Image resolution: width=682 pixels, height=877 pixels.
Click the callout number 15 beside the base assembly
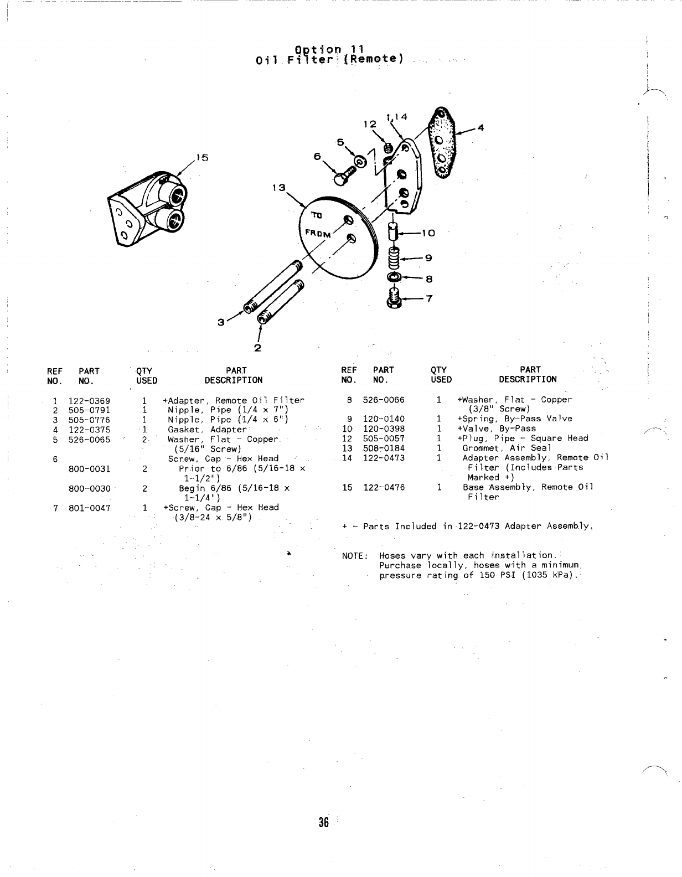tap(202, 158)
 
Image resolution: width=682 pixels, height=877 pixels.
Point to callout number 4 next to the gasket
tap(480, 128)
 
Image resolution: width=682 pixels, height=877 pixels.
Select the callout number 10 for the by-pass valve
tap(428, 233)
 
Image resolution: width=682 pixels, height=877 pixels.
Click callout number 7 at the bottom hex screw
tap(428, 299)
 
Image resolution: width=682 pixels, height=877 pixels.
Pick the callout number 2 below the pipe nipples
tap(257, 348)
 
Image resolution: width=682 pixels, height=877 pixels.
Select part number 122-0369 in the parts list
tap(89, 400)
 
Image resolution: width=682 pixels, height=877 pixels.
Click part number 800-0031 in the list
tap(89, 469)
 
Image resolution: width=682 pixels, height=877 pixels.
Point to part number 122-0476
tap(384, 487)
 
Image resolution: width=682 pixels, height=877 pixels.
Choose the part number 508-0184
tap(384, 448)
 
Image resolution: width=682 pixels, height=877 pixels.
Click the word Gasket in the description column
tap(184, 430)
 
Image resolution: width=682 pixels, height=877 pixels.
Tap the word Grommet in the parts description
tap(480, 448)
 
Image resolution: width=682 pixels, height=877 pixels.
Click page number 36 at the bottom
tap(323, 822)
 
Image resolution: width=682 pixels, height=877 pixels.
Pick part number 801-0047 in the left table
tap(89, 508)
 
